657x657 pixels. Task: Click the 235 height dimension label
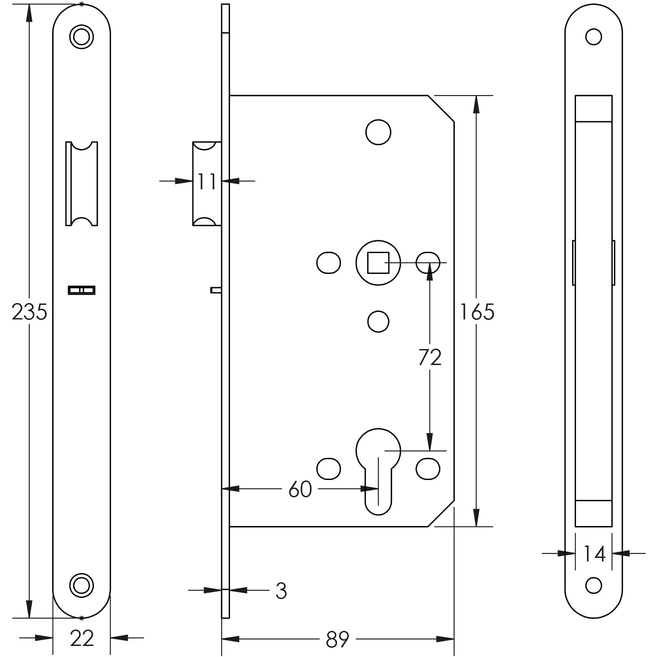click(x=29, y=312)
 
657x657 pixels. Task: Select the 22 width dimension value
click(x=82, y=638)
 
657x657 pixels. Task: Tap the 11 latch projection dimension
click(x=207, y=181)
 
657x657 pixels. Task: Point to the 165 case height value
click(x=477, y=312)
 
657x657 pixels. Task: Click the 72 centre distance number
click(x=430, y=357)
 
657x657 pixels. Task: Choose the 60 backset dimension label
click(x=300, y=489)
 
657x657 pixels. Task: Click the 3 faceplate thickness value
click(x=281, y=591)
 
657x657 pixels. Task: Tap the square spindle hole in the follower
click(x=378, y=263)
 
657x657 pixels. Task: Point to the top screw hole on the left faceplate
click(x=81, y=36)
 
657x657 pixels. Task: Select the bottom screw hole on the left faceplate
click(x=81, y=585)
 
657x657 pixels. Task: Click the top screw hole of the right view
click(x=593, y=37)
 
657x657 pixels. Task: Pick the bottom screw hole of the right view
click(x=593, y=585)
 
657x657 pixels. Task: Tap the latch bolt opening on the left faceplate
click(x=81, y=184)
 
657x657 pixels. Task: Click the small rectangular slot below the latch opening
click(x=81, y=290)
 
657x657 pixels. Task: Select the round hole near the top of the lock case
click(x=378, y=132)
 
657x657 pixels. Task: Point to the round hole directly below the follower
click(x=378, y=321)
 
